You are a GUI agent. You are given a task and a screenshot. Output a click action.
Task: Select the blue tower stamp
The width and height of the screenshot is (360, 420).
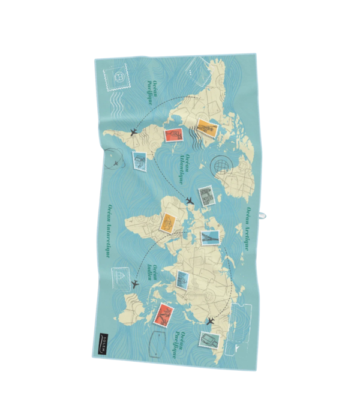pos(211,238)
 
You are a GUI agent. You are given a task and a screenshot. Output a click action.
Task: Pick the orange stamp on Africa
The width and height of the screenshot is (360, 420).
pos(168,224)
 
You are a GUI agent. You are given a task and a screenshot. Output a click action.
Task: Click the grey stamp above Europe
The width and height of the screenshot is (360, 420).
pos(207,195)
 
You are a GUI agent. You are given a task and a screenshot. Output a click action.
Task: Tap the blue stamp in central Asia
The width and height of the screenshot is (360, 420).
pos(183,279)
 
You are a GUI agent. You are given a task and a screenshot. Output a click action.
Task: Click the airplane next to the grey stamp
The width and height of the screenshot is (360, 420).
pos(189,201)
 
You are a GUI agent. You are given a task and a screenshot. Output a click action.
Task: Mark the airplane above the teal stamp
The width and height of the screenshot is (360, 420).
pos(210,322)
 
